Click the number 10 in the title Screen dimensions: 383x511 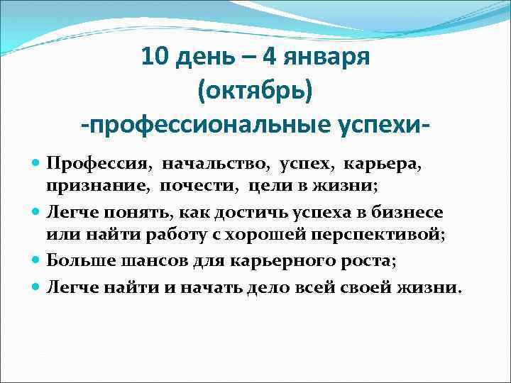pos(155,56)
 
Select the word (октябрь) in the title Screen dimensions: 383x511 pos(255,90)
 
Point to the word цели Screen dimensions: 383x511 pos(269,186)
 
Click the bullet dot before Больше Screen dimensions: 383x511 pos(37,260)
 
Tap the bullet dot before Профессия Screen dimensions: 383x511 pos(37,165)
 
